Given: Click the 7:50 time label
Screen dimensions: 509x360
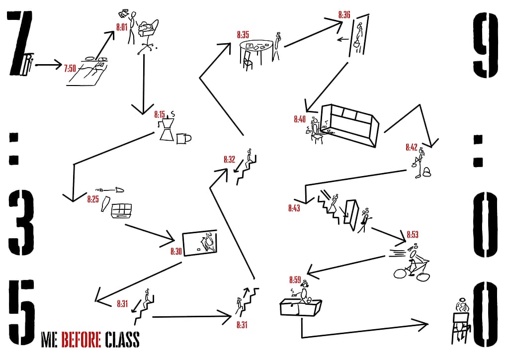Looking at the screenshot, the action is [70, 69].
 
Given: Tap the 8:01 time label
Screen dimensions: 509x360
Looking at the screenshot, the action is [122, 27].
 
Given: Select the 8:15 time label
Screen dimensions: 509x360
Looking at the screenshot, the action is [160, 114].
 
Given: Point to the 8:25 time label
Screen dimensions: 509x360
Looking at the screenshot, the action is [93, 199].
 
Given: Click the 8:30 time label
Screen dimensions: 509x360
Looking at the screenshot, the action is [176, 251].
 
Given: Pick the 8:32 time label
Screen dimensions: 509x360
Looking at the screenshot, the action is [229, 160].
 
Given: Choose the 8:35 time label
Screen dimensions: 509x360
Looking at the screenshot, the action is [243, 35].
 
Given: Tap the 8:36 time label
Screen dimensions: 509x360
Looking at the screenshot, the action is [344, 14].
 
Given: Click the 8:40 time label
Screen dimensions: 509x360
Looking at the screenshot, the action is [300, 119].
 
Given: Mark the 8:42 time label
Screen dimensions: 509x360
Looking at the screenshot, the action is [411, 147].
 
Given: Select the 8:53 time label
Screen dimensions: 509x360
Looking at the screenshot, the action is [412, 234].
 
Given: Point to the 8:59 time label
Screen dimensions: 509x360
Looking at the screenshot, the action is [295, 280].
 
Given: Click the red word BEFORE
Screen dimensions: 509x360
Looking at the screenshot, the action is [81, 340].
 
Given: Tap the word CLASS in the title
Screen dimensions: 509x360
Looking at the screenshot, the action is [122, 340].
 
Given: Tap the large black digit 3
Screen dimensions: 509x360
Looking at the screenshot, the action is [21, 223].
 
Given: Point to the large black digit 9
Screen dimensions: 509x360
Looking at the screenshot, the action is [485, 45].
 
